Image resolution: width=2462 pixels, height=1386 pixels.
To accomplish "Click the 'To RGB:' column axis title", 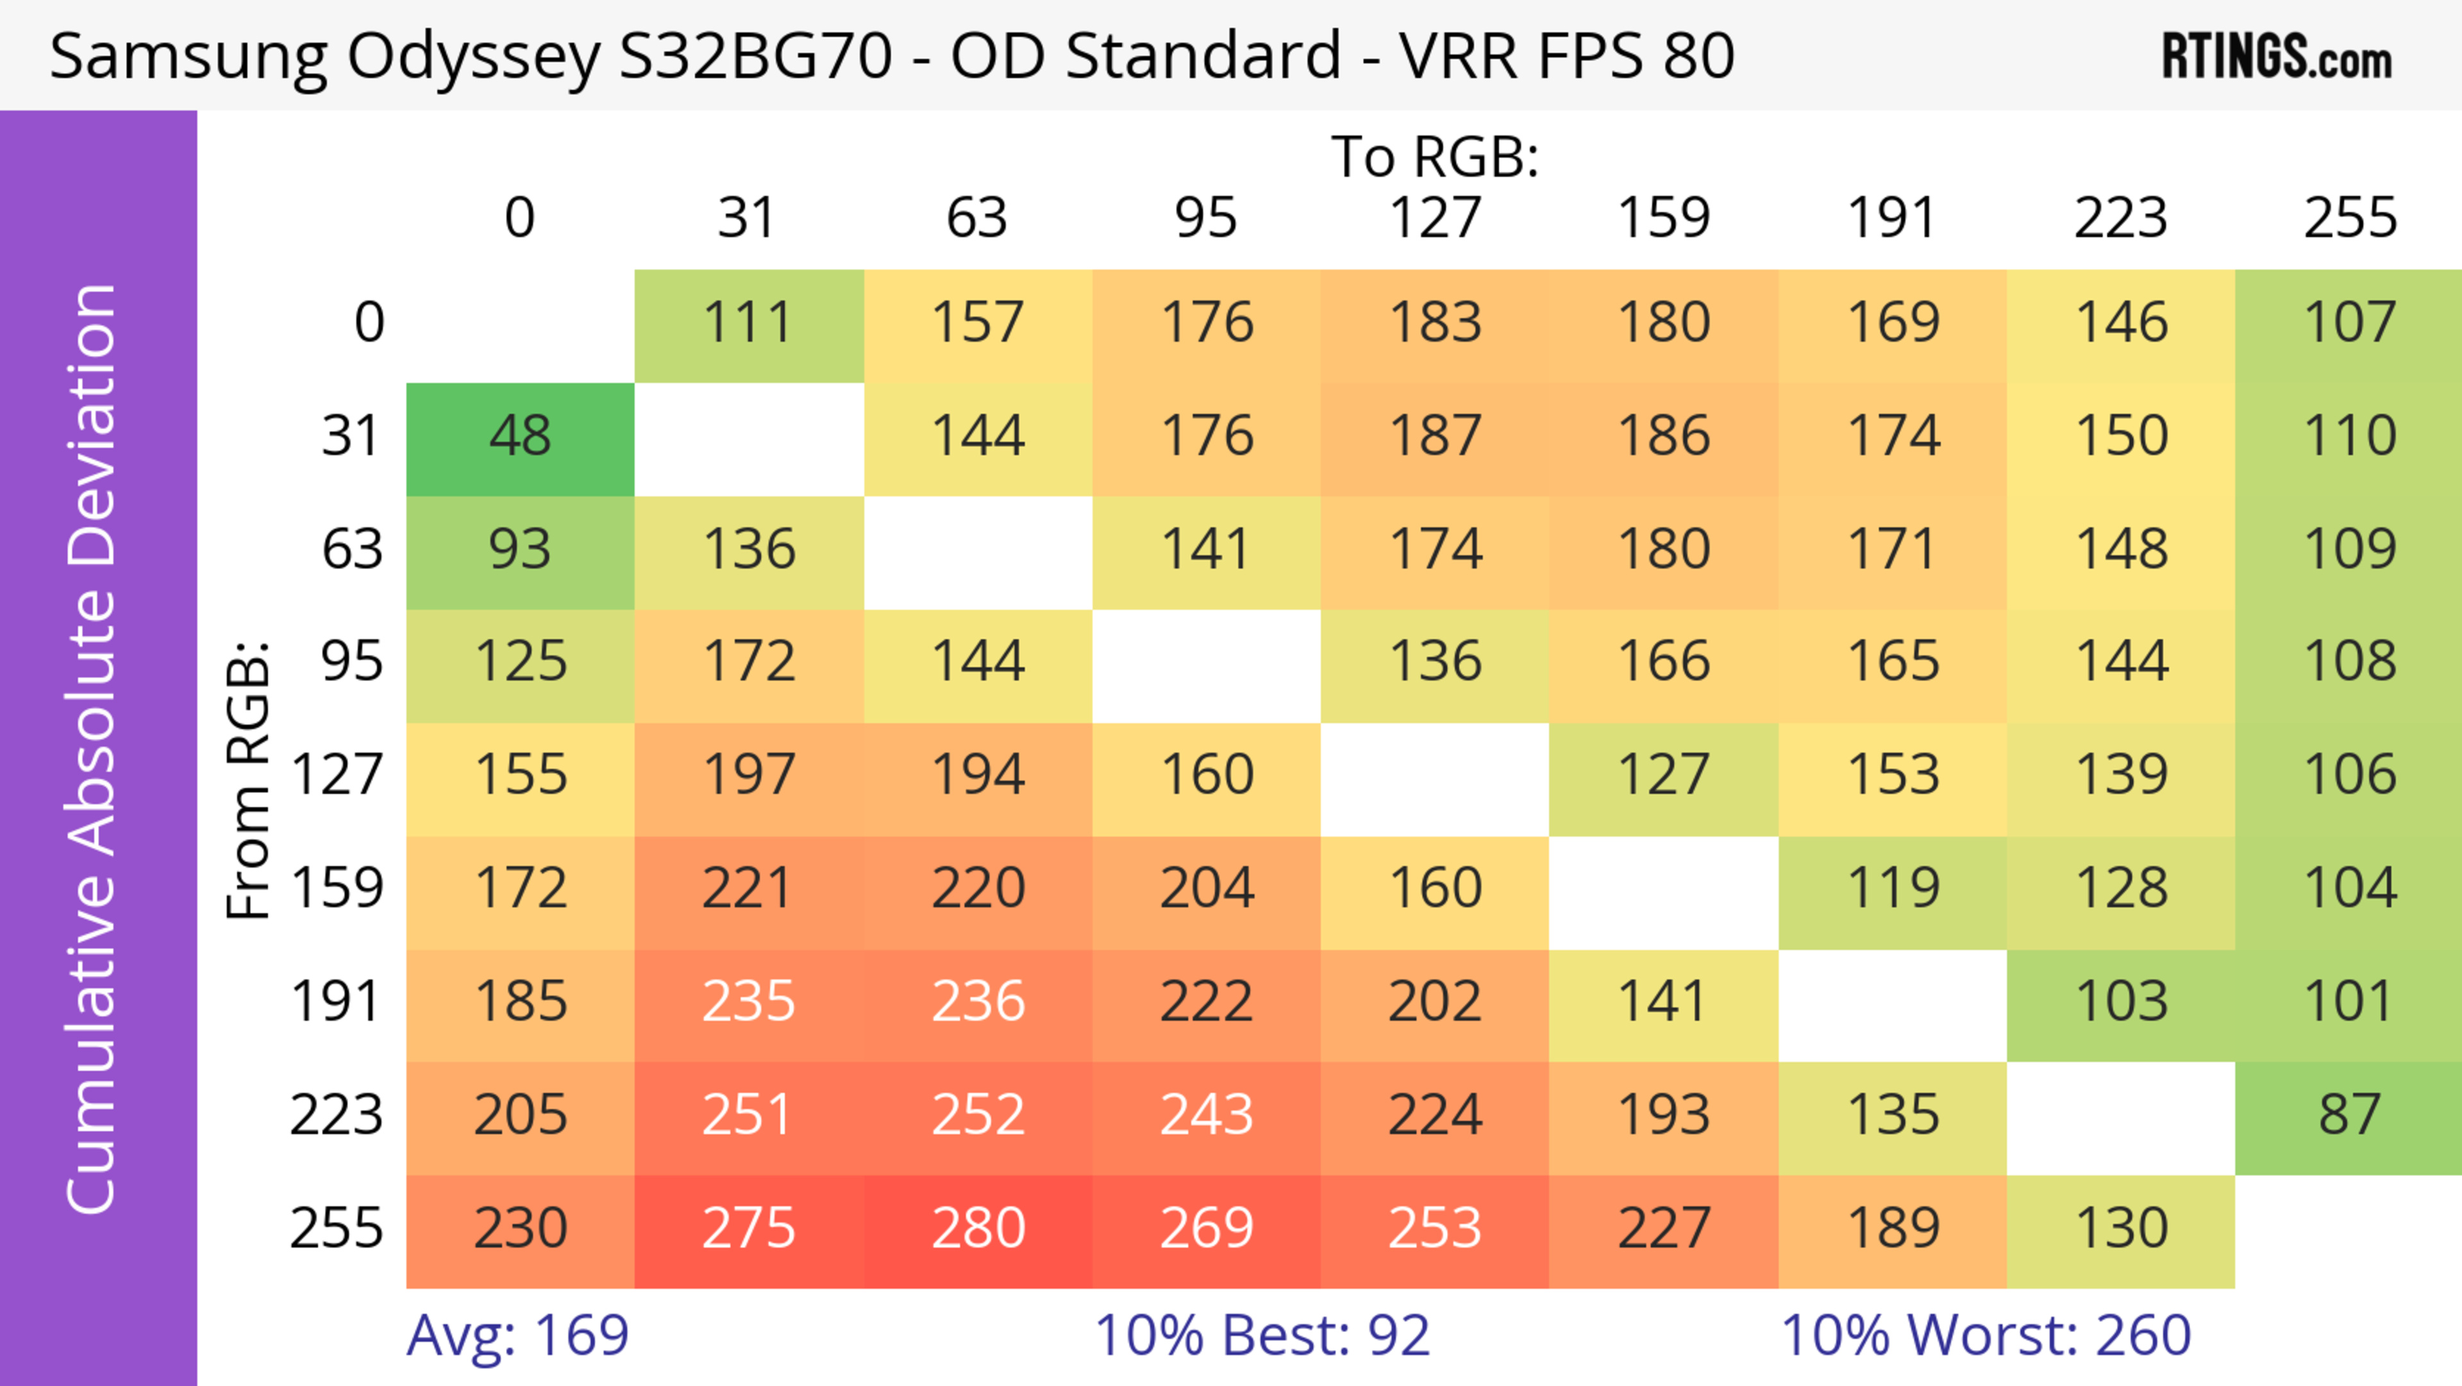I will pyautogui.click(x=1435, y=156).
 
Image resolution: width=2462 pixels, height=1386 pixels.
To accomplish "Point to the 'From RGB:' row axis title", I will pyautogui.click(x=249, y=779).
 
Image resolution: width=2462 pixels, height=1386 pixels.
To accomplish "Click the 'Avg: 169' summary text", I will pyautogui.click(x=517, y=1335).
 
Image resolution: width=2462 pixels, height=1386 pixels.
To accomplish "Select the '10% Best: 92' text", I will pyautogui.click(x=1262, y=1335).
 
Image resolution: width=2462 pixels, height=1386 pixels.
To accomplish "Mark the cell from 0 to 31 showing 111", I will pyautogui.click(x=748, y=323).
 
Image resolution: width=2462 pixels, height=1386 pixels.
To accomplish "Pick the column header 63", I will pyautogui.click(x=976, y=218).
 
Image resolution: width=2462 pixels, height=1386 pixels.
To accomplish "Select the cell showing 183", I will pyautogui.click(x=1435, y=323).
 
